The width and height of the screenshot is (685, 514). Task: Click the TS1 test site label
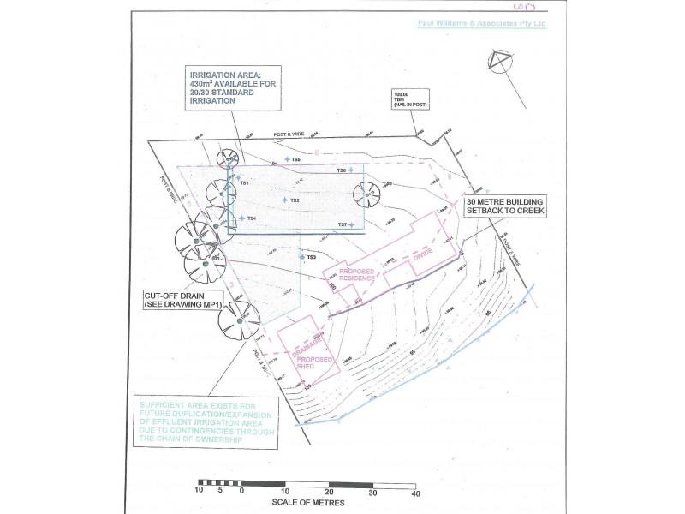244,183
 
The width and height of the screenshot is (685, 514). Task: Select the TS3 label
311,257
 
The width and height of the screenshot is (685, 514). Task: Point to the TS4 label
251,218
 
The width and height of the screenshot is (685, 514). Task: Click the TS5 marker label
295,160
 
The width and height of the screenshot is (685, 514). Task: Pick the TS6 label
341,170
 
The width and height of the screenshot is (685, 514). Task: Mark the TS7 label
342,224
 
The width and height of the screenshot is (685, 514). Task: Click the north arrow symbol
499,61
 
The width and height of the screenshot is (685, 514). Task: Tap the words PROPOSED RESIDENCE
358,275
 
